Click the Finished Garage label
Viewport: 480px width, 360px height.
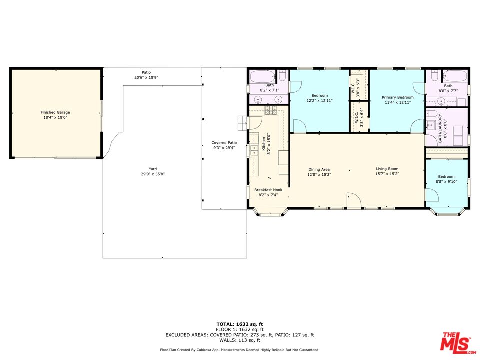(55, 112)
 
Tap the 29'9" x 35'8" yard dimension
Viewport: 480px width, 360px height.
(153, 174)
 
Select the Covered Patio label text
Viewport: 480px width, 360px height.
(224, 143)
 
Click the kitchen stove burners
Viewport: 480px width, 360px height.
(271, 110)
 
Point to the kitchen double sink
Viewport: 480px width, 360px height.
(254, 150)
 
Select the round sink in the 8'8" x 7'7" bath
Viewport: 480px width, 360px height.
(441, 101)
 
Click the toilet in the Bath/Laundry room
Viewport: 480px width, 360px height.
(431, 114)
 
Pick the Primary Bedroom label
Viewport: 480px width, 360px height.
(397, 97)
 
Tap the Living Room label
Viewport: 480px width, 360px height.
(387, 169)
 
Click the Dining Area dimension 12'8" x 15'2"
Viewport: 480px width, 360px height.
(319, 175)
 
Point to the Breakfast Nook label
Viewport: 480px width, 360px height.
(268, 190)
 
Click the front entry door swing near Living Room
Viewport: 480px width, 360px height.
(354, 200)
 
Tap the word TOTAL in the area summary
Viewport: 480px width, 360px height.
(226, 324)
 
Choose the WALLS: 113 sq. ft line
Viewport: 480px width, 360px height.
(239, 340)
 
